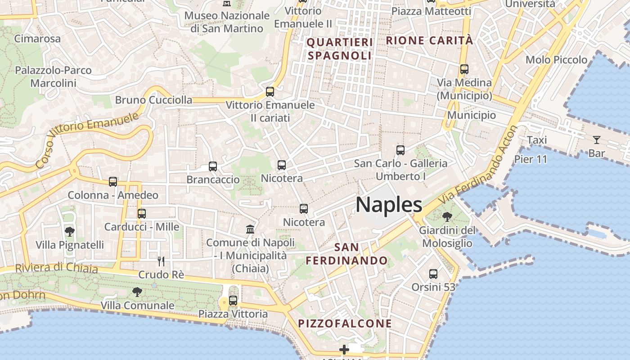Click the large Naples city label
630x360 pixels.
coord(389,205)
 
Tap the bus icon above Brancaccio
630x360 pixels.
coord(213,166)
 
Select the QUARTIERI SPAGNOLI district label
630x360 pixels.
coord(340,49)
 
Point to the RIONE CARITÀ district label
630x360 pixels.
coord(429,40)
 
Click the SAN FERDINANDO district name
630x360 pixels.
coord(346,254)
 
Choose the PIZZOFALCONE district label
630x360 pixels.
coord(345,324)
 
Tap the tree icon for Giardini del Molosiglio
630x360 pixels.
coord(447,217)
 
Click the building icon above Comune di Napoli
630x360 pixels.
coord(250,229)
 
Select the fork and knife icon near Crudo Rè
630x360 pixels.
coord(161,261)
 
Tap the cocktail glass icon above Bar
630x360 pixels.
coord(597,140)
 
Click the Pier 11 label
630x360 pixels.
coord(531,159)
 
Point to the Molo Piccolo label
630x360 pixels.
coord(556,60)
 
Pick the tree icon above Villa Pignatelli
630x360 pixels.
coord(70,232)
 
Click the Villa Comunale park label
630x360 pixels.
coord(137,306)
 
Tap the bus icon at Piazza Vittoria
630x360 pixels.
coord(233,300)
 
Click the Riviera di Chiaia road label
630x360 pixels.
coord(56,268)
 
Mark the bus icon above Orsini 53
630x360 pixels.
coord(433,274)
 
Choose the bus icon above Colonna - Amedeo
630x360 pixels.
coord(113,182)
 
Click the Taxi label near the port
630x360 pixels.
coord(537,140)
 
